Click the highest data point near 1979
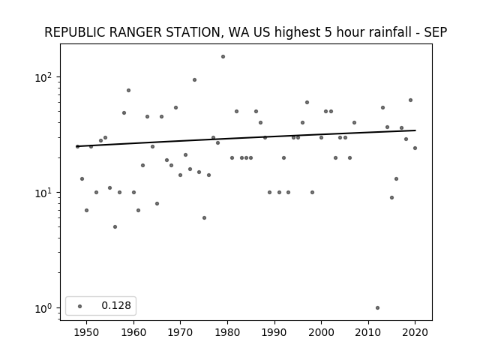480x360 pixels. tap(223, 57)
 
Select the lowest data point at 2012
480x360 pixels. tap(377, 308)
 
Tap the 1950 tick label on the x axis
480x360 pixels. tap(87, 332)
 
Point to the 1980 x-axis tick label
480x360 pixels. tap(227, 332)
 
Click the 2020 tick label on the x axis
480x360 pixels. tap(415, 332)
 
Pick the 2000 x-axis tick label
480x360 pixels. tap(322, 332)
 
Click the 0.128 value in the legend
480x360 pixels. tap(116, 305)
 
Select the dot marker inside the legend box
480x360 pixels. tap(80, 306)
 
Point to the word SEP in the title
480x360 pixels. tap(435, 32)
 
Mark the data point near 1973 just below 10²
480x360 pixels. tap(194, 80)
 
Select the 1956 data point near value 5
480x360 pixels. tap(115, 226)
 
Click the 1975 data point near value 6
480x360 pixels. tap(204, 218)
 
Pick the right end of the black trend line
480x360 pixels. tap(415, 130)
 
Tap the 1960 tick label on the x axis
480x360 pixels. tap(133, 332)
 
